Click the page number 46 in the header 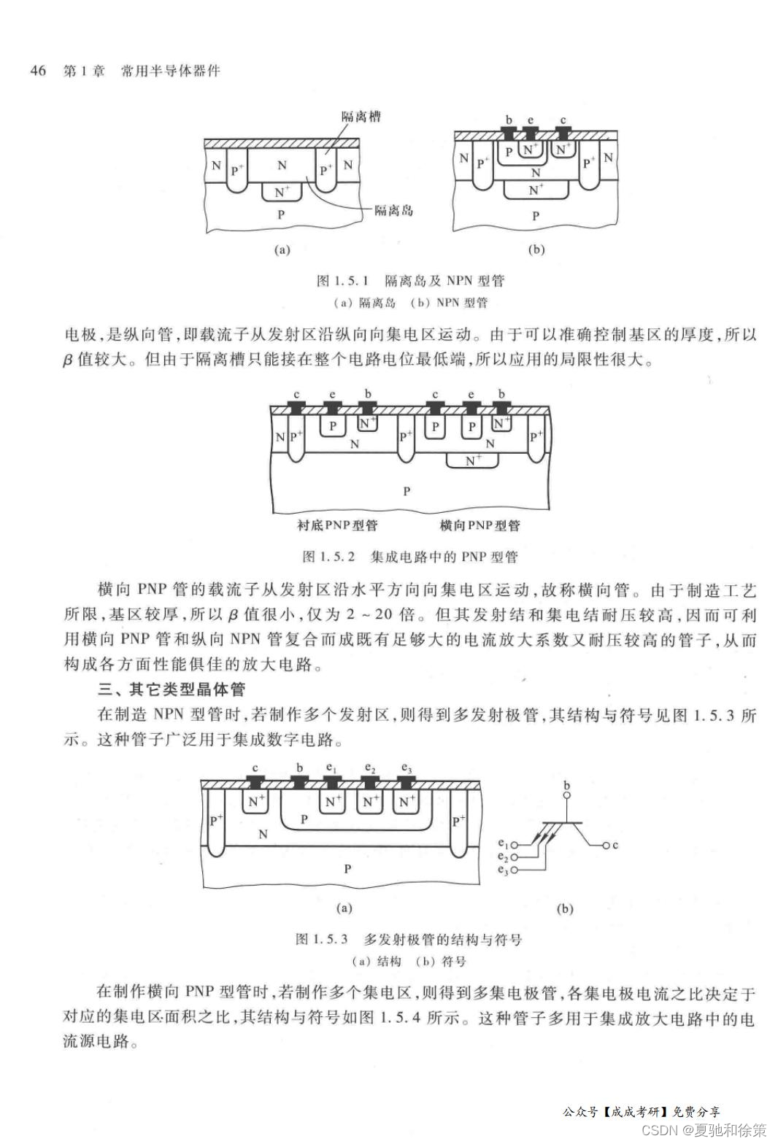pyautogui.click(x=37, y=70)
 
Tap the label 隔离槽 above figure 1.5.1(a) pyautogui.click(x=361, y=116)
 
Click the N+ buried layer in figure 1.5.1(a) pyautogui.click(x=282, y=192)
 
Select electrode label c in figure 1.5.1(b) pyautogui.click(x=563, y=120)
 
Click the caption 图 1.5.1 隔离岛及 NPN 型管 pyautogui.click(x=410, y=281)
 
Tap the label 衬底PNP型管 pyautogui.click(x=337, y=525)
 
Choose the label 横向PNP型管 pyautogui.click(x=479, y=525)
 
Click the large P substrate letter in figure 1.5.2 pyautogui.click(x=407, y=491)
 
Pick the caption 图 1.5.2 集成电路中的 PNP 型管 pyautogui.click(x=410, y=557)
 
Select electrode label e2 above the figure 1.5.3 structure pyautogui.click(x=370, y=768)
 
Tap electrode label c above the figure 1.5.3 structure pyautogui.click(x=255, y=768)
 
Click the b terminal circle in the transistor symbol pyautogui.click(x=567, y=797)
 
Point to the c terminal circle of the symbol pyautogui.click(x=605, y=846)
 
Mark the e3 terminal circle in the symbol pyautogui.click(x=514, y=870)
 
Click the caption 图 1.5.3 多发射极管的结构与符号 pyautogui.click(x=409, y=940)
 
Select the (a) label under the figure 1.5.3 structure pyautogui.click(x=344, y=908)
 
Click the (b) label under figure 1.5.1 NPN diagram pyautogui.click(x=536, y=250)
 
